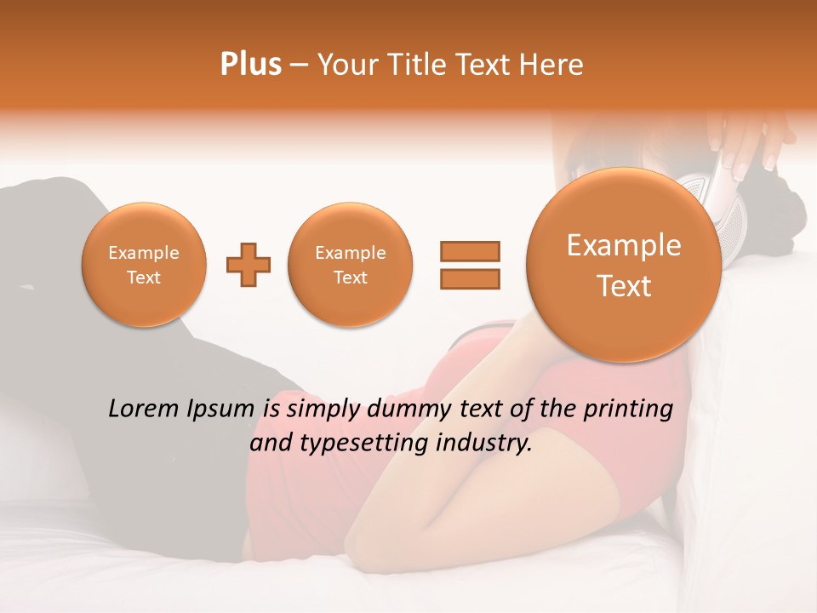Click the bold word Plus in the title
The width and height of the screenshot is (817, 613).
pos(250,65)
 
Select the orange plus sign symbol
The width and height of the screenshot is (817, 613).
pos(249,266)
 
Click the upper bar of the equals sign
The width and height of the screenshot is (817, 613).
pos(469,251)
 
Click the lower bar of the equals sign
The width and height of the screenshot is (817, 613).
pos(469,279)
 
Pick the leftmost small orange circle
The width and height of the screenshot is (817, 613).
pos(144,265)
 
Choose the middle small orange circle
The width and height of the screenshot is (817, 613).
pos(350,265)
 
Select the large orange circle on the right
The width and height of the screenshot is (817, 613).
pos(624,265)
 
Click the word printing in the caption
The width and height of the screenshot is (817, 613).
pos(629,409)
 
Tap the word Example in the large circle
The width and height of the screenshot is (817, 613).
pos(624,245)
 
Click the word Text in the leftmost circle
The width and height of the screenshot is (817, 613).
pos(144,278)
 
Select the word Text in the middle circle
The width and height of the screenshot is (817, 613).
pos(350,278)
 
